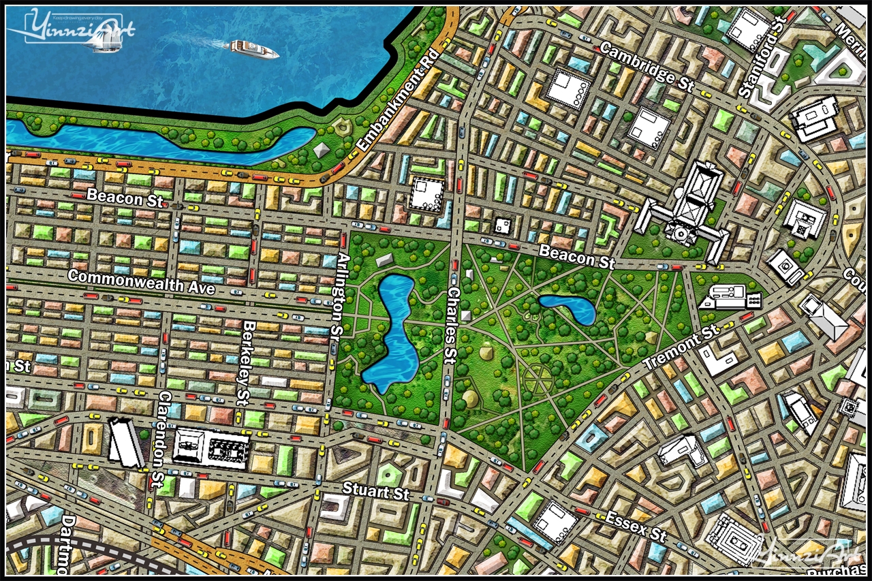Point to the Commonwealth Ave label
[x=141, y=282]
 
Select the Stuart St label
[x=376, y=490]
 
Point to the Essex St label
[x=635, y=525]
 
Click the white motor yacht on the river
[x=253, y=48]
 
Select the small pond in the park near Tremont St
[x=568, y=308]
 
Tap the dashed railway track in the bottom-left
[x=82, y=549]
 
